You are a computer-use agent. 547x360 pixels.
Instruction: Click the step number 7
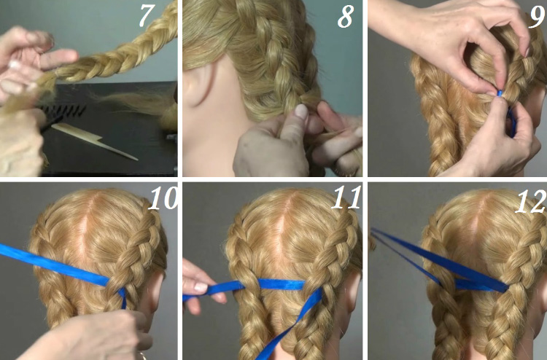click(147, 15)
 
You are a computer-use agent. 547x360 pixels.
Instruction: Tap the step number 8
click(346, 16)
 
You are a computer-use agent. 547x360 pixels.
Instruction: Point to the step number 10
click(163, 197)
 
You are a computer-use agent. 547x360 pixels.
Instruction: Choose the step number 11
click(346, 197)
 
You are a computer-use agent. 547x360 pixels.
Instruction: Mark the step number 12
click(531, 201)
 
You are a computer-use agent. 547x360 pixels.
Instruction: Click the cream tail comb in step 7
click(94, 141)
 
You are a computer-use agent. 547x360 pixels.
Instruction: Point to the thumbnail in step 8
click(301, 112)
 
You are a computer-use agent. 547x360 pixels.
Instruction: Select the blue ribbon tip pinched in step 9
click(500, 94)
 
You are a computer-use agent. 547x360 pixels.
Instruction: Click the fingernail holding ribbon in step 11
click(201, 288)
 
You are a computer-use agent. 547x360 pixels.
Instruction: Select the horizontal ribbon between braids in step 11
click(282, 284)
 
